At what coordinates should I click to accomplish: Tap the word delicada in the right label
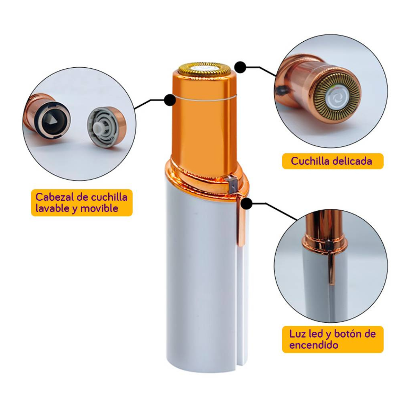353,161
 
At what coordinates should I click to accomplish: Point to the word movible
99,208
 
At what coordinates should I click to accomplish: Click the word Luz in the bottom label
298,334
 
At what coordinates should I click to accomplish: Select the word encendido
314,345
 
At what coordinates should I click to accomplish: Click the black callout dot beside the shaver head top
240,67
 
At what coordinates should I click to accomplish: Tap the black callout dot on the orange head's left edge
170,100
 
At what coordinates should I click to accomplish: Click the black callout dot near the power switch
247,203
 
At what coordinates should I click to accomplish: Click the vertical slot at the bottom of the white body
239,306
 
